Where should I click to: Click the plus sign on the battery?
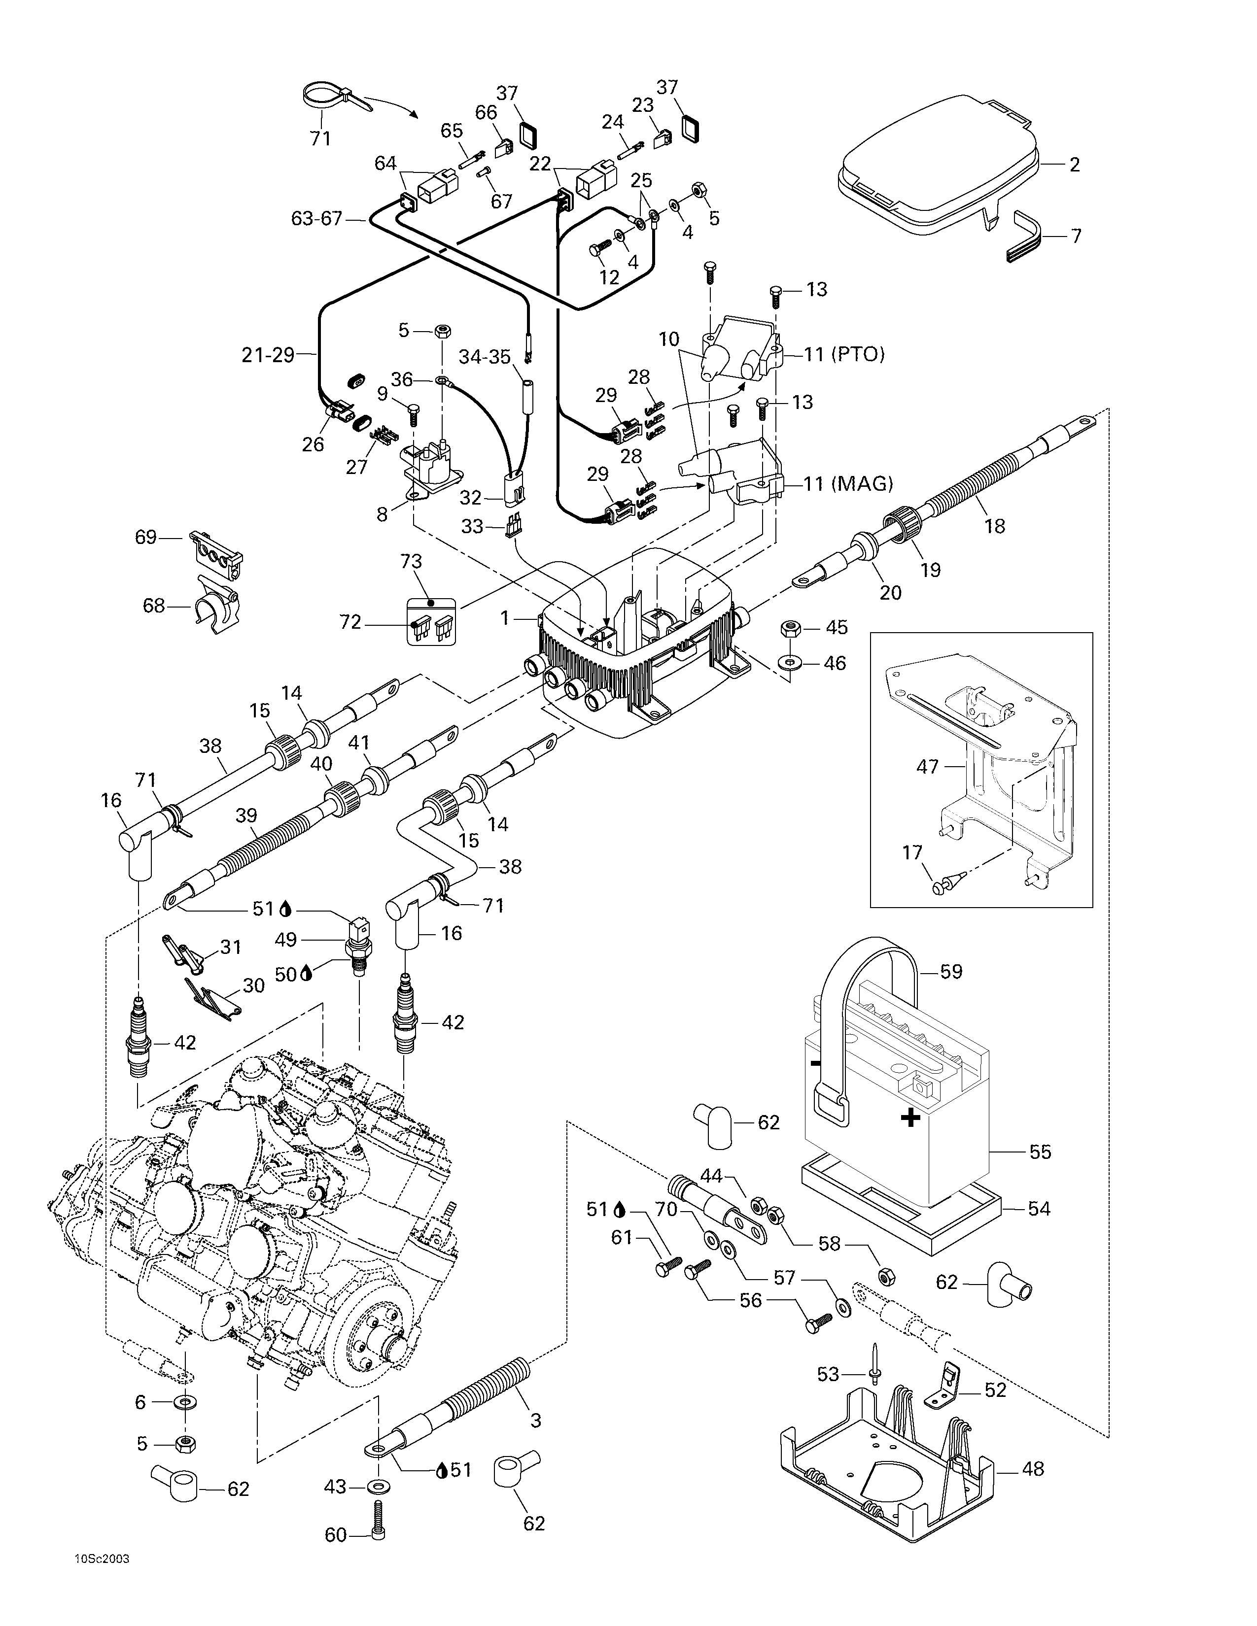pos(910,1138)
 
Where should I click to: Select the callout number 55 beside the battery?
pos(1040,1152)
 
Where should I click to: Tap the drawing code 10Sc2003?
pos(101,1595)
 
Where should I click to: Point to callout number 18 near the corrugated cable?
pos(994,526)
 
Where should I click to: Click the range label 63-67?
pos(316,219)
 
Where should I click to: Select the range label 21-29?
pos(268,355)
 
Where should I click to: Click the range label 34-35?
pos(485,357)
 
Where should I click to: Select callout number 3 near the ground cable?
pos(535,1421)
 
